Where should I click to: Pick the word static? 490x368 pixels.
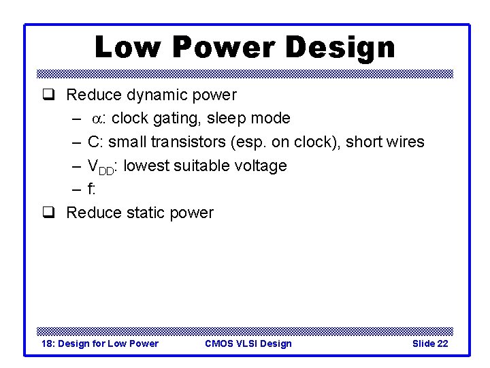click(146, 213)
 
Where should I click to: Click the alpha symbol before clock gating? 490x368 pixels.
click(98, 119)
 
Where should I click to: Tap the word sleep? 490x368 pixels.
click(227, 119)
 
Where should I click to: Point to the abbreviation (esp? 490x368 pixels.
click(250, 142)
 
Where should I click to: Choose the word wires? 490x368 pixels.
click(405, 142)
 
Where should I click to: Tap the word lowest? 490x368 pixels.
click(148, 166)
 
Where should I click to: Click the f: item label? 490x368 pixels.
click(91, 189)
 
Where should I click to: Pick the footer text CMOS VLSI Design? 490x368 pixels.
click(248, 343)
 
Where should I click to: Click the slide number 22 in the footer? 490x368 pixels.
click(442, 343)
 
